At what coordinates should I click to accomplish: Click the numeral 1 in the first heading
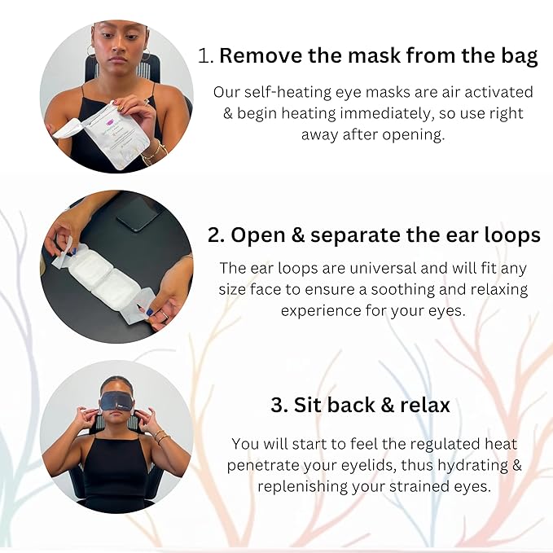click(204, 57)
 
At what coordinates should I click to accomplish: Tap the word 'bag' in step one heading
click(519, 57)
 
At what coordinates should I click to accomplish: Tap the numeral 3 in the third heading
click(277, 406)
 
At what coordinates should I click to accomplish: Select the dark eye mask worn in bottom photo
click(116, 402)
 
